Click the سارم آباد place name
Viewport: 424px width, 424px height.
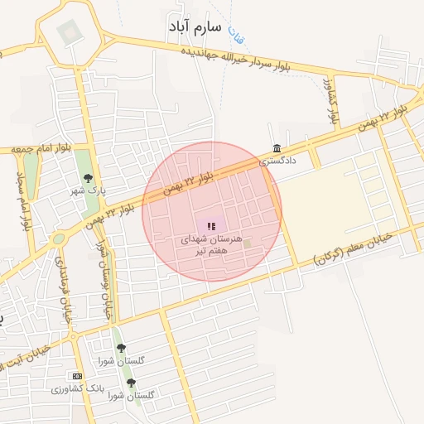pos(195,27)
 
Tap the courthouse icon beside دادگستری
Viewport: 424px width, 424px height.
pos(276,148)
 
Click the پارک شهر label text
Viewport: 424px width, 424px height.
pos(89,190)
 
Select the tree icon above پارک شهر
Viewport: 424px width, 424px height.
pos(88,177)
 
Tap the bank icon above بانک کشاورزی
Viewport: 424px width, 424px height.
pos(77,376)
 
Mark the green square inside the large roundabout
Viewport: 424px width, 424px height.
pos(69,32)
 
